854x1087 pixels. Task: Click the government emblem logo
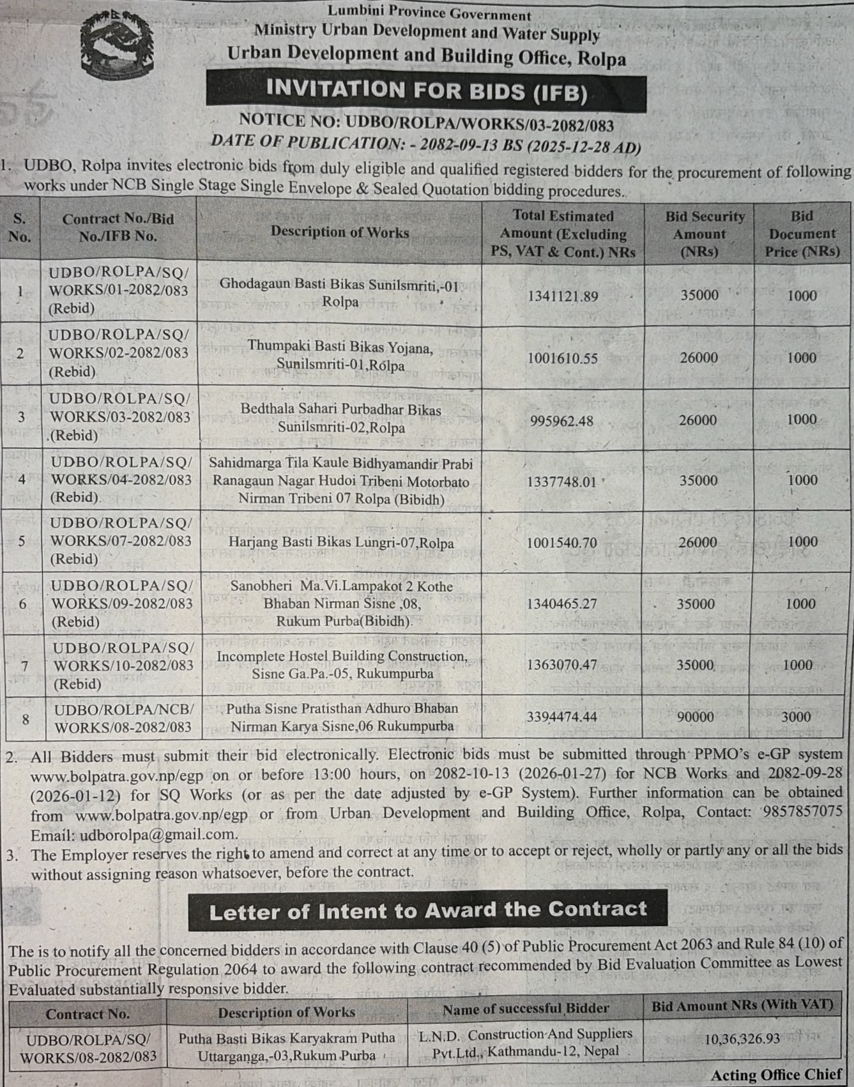[117, 45]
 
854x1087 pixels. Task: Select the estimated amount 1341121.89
[562, 296]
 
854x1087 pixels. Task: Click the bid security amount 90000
[695, 717]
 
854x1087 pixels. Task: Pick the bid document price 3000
[796, 717]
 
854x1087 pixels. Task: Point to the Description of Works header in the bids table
[339, 232]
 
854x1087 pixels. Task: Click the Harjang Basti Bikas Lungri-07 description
[341, 543]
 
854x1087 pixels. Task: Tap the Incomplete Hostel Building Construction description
[342, 665]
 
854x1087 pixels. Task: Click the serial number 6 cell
[22, 604]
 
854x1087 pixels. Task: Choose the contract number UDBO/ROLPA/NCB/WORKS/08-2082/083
[123, 718]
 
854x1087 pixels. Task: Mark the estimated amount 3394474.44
[561, 717]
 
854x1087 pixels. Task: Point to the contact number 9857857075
[802, 812]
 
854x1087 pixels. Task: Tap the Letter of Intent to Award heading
[427, 911]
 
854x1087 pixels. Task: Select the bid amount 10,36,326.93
[742, 1039]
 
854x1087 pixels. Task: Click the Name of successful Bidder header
[525, 1008]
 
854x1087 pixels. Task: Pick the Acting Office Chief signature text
[776, 1075]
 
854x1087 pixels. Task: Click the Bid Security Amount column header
[699, 234]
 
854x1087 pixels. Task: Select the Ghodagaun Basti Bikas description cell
[339, 293]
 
